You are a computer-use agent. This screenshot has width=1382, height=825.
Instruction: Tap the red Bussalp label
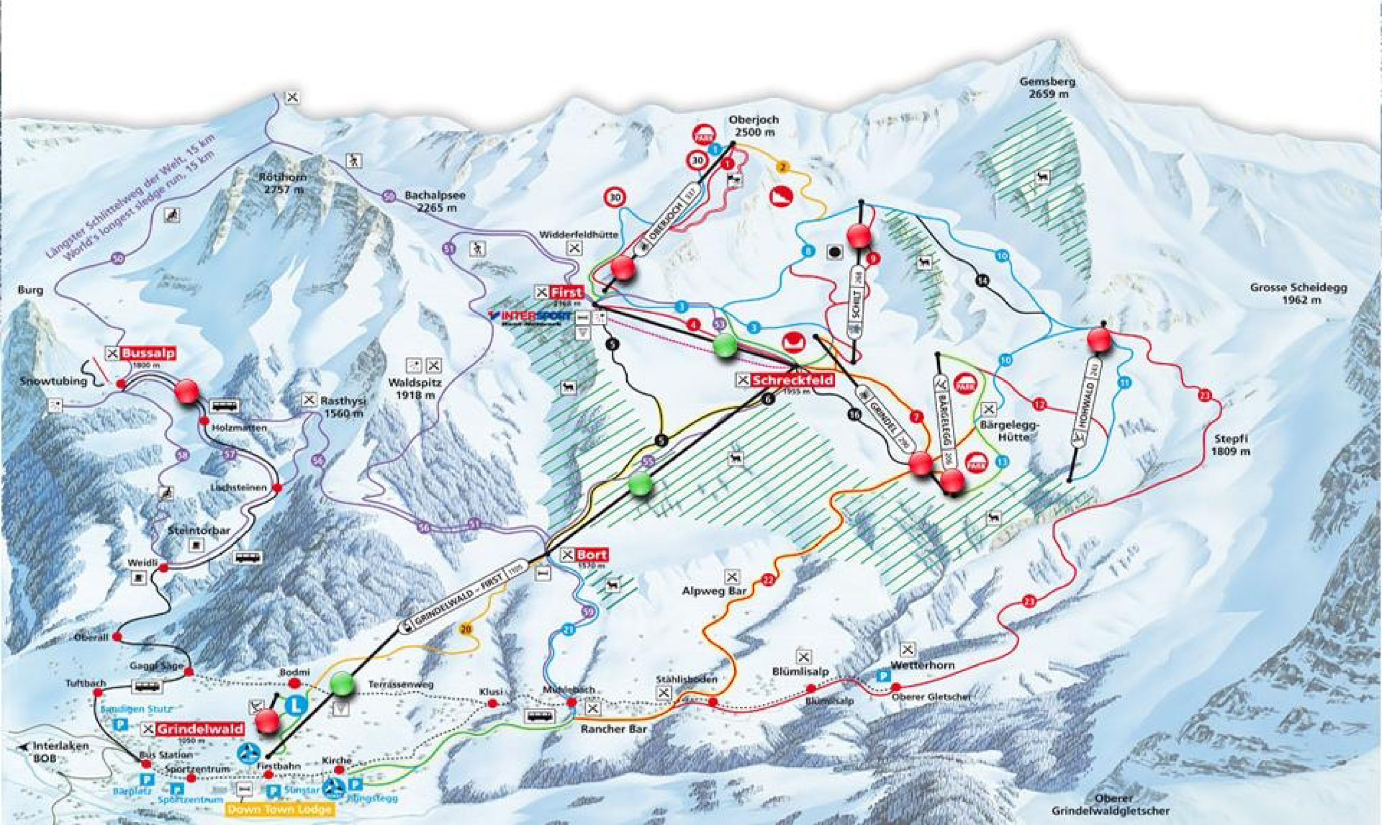148,353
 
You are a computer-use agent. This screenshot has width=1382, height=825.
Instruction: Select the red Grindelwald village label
200,729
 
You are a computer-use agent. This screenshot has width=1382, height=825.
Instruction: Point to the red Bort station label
591,555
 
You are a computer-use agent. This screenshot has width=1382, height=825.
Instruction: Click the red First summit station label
567,292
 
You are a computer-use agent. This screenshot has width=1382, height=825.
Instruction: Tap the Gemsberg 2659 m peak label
1047,88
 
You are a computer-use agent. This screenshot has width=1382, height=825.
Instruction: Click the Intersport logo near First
530,316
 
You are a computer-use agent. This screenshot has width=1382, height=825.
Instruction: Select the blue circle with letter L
297,706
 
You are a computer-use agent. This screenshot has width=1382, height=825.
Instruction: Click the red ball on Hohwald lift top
1099,339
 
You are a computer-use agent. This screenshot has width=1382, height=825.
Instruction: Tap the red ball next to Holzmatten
186,391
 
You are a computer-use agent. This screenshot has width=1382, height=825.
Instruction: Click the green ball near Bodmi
341,684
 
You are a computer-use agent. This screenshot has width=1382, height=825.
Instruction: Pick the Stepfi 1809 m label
1230,445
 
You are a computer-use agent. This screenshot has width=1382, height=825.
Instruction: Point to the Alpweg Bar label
714,592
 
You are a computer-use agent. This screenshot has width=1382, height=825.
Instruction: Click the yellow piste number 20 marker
466,630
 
